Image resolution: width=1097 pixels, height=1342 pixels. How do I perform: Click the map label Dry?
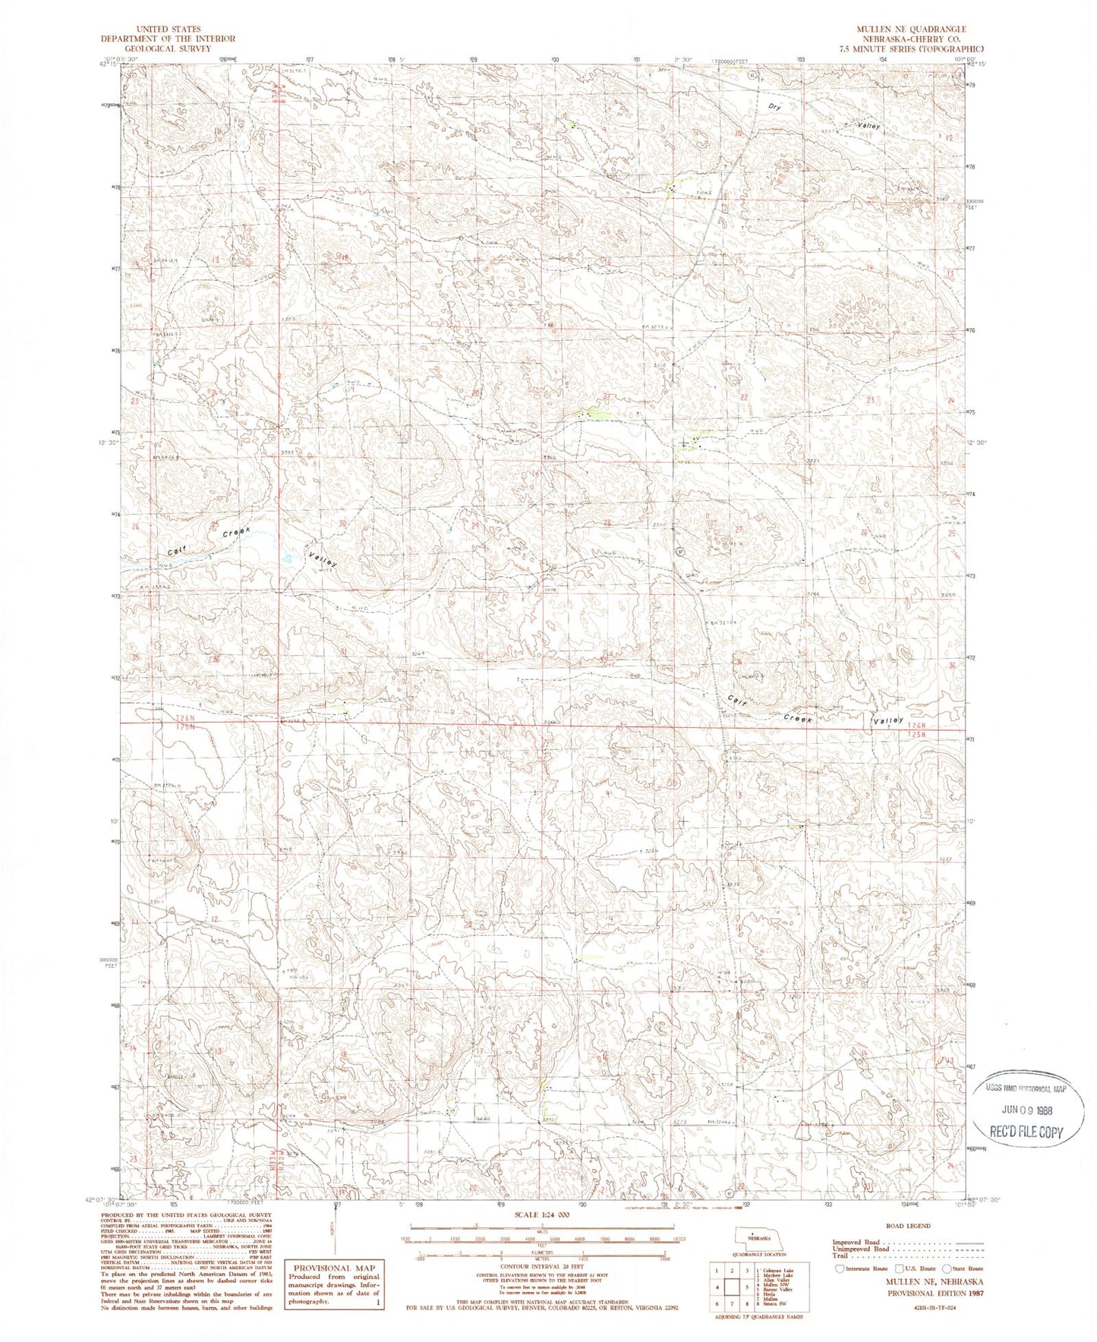pos(774,107)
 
